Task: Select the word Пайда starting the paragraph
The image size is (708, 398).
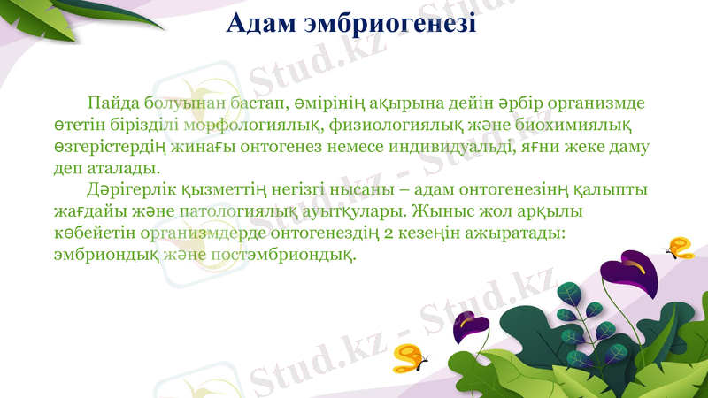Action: click(112, 103)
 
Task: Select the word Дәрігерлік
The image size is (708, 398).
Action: click(130, 190)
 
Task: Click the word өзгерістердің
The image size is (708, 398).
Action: click(113, 146)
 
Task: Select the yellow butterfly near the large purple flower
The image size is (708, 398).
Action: click(680, 248)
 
